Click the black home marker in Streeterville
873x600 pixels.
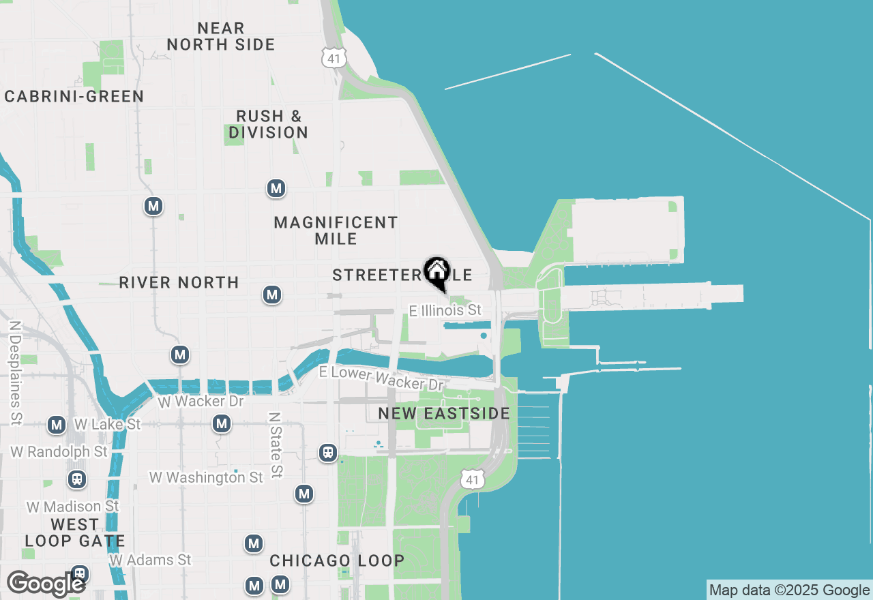[x=436, y=271]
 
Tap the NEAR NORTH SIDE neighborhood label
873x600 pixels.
[x=221, y=36]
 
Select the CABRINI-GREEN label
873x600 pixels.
[x=74, y=96]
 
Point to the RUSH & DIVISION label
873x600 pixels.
[x=268, y=124]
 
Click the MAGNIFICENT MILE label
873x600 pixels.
[x=336, y=230]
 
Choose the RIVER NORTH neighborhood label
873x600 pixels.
[x=179, y=282]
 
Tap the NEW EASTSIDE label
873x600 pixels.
[x=444, y=414]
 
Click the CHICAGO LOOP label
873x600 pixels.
[x=337, y=560]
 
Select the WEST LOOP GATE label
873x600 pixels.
[x=75, y=533]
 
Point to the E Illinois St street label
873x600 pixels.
[x=445, y=310]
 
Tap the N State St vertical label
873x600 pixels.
[x=275, y=444]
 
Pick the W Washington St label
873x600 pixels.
[x=206, y=477]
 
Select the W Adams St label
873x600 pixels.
[x=150, y=560]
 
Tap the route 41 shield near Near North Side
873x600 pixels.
[x=334, y=57]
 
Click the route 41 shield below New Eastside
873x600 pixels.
[x=473, y=479]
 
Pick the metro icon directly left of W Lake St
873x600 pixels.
[x=57, y=425]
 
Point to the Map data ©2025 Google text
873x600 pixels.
[x=789, y=590]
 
